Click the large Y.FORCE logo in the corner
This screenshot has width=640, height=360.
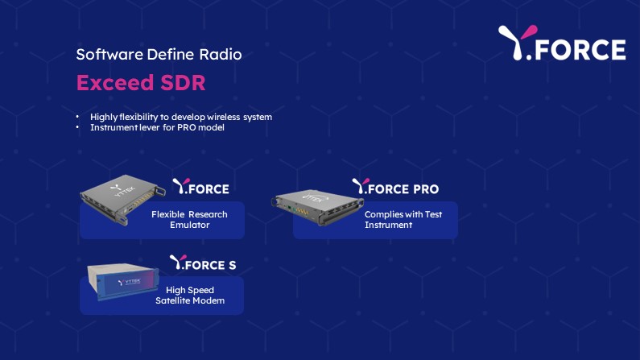(x=562, y=43)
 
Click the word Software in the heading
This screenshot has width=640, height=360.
(x=109, y=54)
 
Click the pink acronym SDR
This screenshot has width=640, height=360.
(x=183, y=82)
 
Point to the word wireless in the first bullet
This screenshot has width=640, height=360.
(x=223, y=117)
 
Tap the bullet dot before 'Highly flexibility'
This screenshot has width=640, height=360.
(x=77, y=117)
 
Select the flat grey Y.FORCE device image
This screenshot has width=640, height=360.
(x=122, y=199)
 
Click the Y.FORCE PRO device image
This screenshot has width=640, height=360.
(x=316, y=206)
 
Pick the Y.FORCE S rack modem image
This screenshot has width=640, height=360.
(x=123, y=282)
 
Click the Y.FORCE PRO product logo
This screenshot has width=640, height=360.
(x=395, y=187)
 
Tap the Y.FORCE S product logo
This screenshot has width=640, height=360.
(x=203, y=263)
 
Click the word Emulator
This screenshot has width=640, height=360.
(x=190, y=226)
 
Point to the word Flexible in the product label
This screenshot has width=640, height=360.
(x=166, y=215)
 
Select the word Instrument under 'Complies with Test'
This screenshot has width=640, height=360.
(x=389, y=226)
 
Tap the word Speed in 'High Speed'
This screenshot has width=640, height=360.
(x=200, y=291)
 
